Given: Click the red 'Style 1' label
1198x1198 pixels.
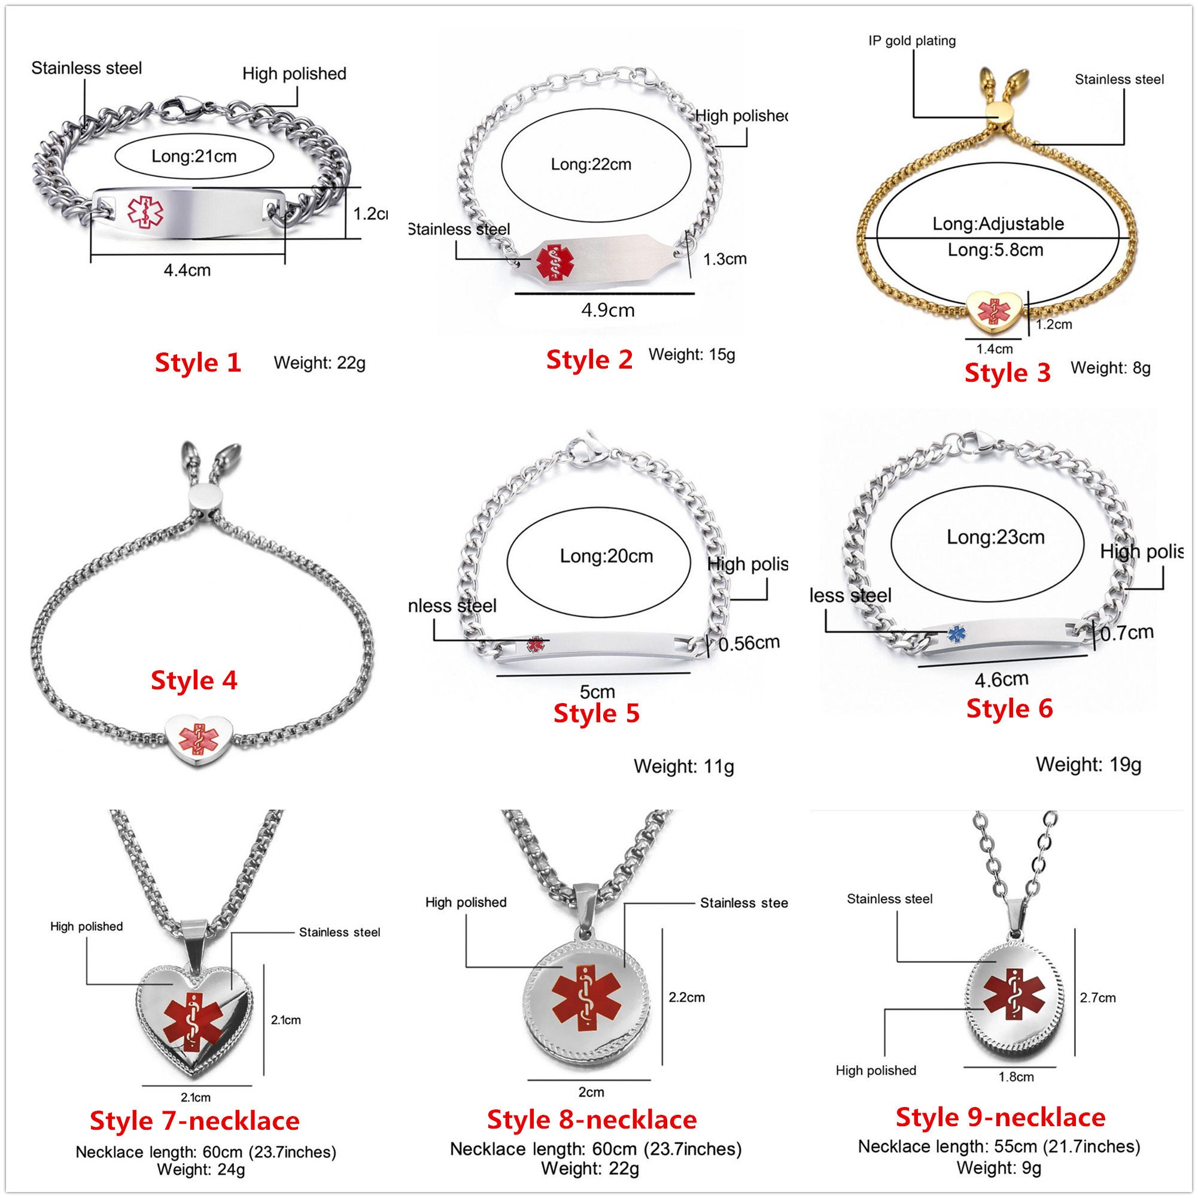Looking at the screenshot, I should [198, 363].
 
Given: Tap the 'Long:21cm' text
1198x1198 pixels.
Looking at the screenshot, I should [194, 156].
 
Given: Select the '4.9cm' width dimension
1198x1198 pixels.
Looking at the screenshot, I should [608, 310].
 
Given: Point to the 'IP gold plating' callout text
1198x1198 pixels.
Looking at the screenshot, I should [911, 41].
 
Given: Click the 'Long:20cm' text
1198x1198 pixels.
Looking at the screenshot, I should [606, 557].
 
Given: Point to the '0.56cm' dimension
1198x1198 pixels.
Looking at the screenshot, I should [749, 643].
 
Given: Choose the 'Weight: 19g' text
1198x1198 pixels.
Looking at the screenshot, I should [1088, 765].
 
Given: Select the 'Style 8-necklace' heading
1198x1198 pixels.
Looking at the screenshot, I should [592, 1119].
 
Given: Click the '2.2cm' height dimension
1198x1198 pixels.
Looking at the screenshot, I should [686, 997].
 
